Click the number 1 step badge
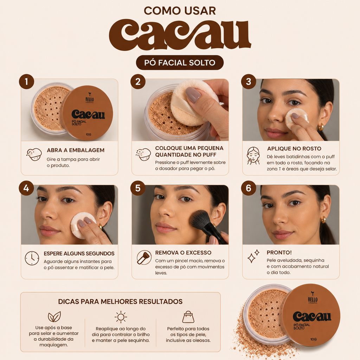pos(26,82)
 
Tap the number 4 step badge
pos(26,188)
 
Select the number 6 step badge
pos(249,188)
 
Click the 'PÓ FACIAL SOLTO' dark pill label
pos(180,63)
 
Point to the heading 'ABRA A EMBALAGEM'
pos(76,150)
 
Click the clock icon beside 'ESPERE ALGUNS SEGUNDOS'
pos(32,258)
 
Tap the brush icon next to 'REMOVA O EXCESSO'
pos(144,258)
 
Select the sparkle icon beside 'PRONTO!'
pos(253,256)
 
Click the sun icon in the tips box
pos(121,317)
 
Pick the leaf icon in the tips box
pos(54,317)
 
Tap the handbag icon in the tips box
pos(188,317)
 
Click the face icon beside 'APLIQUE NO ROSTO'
pos(253,156)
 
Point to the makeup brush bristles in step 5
pos(200,220)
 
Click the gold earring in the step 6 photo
pos(323,219)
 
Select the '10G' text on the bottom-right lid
pos(313,339)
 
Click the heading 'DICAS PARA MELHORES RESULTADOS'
pos(120,301)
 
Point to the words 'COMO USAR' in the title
pos(180,11)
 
